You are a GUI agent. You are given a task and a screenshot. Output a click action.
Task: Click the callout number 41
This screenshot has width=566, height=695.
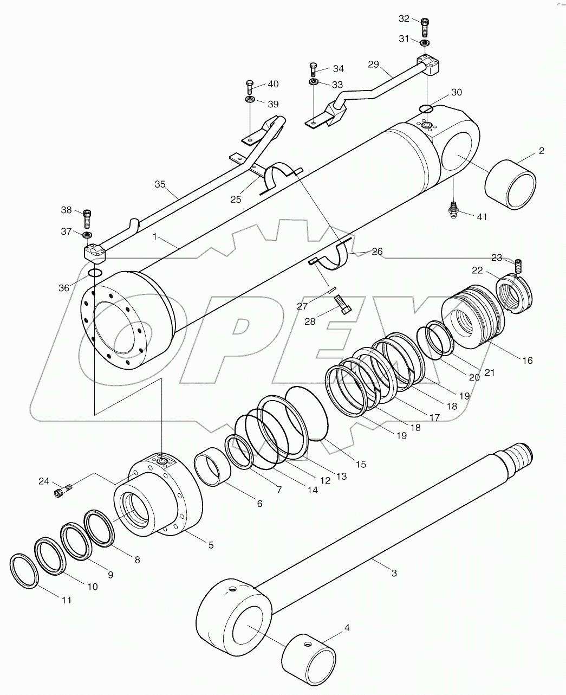tap(482, 217)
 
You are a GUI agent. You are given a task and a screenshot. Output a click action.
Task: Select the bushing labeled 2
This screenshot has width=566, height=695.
tap(510, 184)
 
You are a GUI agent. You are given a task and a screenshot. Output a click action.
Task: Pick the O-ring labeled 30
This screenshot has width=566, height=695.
tap(426, 108)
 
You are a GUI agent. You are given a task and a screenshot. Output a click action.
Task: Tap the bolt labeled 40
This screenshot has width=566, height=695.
tap(250, 86)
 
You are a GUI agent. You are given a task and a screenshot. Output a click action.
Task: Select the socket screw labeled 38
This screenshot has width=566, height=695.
tap(86, 218)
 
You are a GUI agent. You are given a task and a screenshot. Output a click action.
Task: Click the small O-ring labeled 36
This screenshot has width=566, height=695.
tap(94, 272)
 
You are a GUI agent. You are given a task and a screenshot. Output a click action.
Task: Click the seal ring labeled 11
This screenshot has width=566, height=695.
tap(24, 571)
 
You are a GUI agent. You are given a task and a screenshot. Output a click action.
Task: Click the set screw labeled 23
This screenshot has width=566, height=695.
tap(518, 266)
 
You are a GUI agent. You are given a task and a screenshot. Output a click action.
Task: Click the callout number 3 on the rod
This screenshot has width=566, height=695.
tap(394, 573)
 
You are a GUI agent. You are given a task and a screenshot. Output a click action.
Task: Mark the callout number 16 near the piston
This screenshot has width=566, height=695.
tap(526, 361)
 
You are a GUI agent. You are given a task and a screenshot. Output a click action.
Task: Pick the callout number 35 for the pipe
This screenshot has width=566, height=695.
tap(160, 184)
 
